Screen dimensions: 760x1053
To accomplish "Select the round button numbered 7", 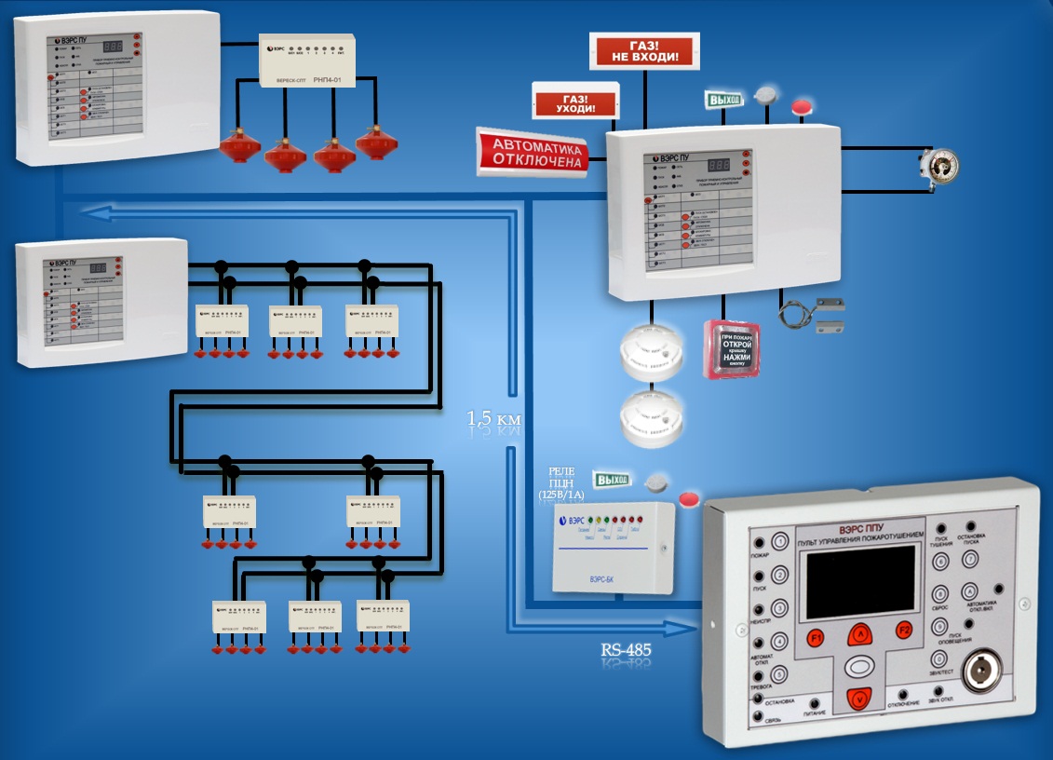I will (970, 561).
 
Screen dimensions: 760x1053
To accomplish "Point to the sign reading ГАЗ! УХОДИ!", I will (575, 101).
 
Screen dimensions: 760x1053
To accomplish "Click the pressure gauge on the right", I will (938, 165).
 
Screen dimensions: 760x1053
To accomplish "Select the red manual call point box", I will (732, 348).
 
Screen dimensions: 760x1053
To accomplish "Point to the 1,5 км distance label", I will (494, 420).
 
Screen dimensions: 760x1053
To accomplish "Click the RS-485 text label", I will (627, 649).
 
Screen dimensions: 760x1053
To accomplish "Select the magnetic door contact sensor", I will (817, 314).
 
